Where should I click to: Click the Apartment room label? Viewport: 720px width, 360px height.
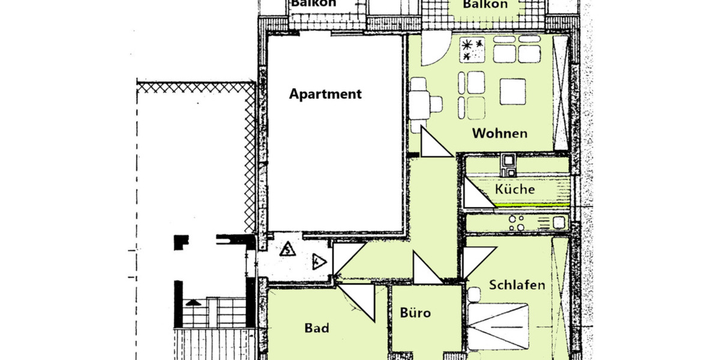(x=325, y=94)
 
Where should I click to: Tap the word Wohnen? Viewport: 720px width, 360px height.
(x=499, y=133)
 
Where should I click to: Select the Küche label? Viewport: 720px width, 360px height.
(x=515, y=189)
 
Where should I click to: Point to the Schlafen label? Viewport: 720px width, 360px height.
(x=517, y=284)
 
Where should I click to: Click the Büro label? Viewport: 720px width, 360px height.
(x=415, y=313)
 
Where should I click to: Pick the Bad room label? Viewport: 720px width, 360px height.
(x=316, y=328)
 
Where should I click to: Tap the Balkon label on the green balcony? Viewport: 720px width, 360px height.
(x=485, y=5)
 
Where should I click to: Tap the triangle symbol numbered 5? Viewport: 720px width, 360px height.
(x=289, y=248)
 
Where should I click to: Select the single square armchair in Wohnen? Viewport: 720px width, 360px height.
(x=512, y=91)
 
